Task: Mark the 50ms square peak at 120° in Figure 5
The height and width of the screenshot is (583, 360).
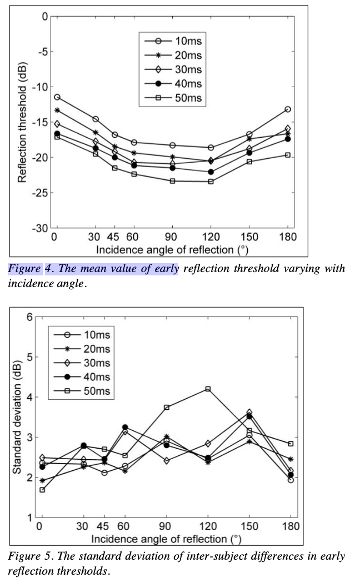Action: click(x=208, y=389)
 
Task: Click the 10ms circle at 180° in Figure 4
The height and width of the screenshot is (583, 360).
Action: click(x=288, y=109)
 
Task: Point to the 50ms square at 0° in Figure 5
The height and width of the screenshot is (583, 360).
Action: click(x=42, y=490)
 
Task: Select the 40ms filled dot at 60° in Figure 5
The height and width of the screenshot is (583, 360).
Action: click(x=125, y=427)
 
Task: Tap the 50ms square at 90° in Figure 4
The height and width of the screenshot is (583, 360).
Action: click(x=172, y=181)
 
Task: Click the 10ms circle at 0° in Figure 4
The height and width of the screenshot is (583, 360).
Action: click(x=57, y=97)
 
